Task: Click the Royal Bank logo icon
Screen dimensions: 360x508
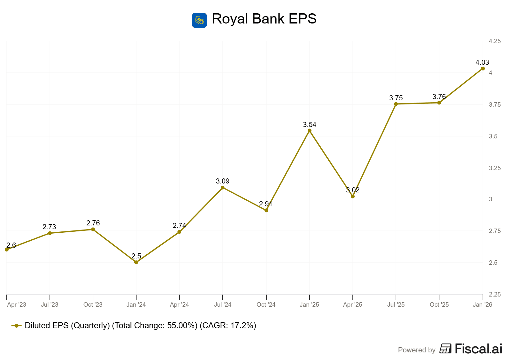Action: [x=199, y=20]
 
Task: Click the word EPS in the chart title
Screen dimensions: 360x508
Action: [x=303, y=19]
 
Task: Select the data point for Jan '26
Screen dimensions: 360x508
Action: [x=483, y=69]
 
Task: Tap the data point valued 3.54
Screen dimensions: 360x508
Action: [x=310, y=130]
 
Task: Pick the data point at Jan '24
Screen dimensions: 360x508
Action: [x=136, y=262]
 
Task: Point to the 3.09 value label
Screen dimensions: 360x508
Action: [x=223, y=181]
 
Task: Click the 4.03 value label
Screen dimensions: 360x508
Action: [x=482, y=62]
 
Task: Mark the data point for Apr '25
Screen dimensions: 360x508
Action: [x=353, y=197]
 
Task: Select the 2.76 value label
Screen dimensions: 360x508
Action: [x=93, y=223]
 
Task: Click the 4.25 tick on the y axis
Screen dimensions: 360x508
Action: [x=495, y=41]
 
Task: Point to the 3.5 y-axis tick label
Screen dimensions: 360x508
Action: [x=493, y=136]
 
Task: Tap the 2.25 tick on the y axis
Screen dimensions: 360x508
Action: [x=495, y=294]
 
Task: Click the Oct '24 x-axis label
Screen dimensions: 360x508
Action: [x=266, y=304]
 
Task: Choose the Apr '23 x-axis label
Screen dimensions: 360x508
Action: [x=17, y=304]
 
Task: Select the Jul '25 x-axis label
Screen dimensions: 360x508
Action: [x=396, y=304]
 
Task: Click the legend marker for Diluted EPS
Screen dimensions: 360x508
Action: [x=17, y=326]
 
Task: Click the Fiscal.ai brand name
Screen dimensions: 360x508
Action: [x=478, y=349]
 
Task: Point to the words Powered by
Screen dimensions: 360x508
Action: [x=417, y=350]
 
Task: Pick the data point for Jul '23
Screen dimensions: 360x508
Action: [x=50, y=233]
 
